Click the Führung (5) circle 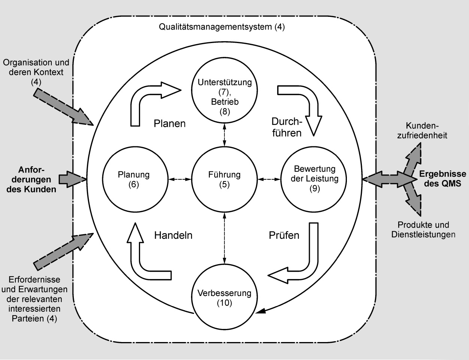coord(224,179)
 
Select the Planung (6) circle coord(134,179)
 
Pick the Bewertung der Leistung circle coord(314,179)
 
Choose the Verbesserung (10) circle coord(224,298)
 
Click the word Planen coord(170,123)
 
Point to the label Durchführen coord(287,127)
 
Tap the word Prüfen coord(284,235)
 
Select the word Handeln coord(173,235)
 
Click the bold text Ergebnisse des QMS coord(442,179)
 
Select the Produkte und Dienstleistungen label coord(423,230)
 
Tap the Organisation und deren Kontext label coord(36,71)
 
